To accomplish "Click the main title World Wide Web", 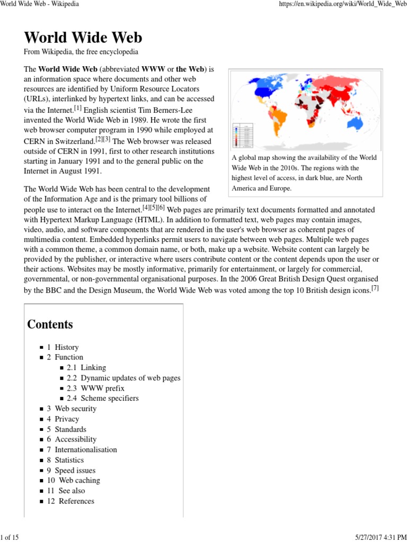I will [x=83, y=38].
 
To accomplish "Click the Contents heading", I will [x=50, y=324].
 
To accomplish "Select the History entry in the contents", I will [x=66, y=347].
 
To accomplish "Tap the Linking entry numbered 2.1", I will [x=93, y=367].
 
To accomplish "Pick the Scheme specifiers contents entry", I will [x=109, y=398].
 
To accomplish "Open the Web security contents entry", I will [x=75, y=409].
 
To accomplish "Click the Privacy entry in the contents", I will [x=67, y=419].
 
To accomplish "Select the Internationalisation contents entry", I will [x=86, y=449].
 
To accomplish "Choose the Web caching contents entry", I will [x=79, y=480].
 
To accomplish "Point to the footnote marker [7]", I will [x=375, y=288].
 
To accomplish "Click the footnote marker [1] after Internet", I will [x=78, y=109].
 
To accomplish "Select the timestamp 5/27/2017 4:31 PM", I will [x=375, y=538].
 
